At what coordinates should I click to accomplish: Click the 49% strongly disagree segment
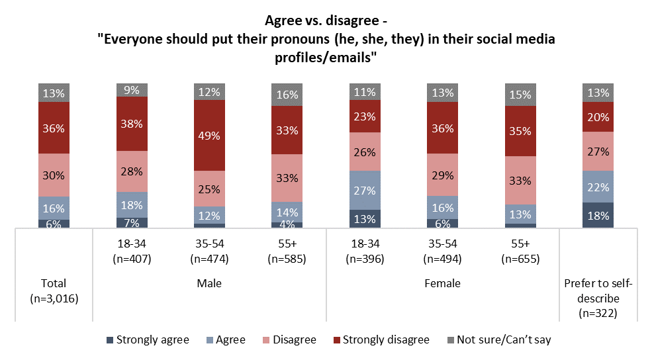pyautogui.click(x=209, y=135)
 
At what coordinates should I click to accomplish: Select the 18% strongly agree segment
pyautogui.click(x=598, y=216)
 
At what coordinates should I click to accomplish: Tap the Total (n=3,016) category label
pyautogui.click(x=54, y=291)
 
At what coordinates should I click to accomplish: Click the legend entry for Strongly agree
pyautogui.click(x=147, y=340)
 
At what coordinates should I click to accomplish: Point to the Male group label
pyautogui.click(x=209, y=283)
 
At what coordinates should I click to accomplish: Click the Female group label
pyautogui.click(x=443, y=283)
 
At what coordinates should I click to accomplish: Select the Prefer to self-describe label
pyautogui.click(x=598, y=298)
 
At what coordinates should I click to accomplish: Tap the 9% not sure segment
pyautogui.click(x=132, y=90)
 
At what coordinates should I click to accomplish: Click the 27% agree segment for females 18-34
pyautogui.click(x=365, y=191)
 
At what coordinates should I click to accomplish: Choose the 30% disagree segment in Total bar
pyautogui.click(x=54, y=175)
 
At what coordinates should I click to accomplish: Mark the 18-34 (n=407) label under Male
pyautogui.click(x=132, y=251)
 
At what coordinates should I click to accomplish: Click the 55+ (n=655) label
pyautogui.click(x=520, y=251)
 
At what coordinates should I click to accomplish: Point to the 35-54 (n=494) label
pyautogui.click(x=443, y=251)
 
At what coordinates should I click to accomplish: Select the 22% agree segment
pyautogui.click(x=598, y=187)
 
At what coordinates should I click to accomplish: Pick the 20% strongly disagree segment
pyautogui.click(x=598, y=116)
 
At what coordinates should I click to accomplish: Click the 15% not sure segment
pyautogui.click(x=520, y=95)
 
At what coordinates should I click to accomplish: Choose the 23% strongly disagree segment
pyautogui.click(x=365, y=116)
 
